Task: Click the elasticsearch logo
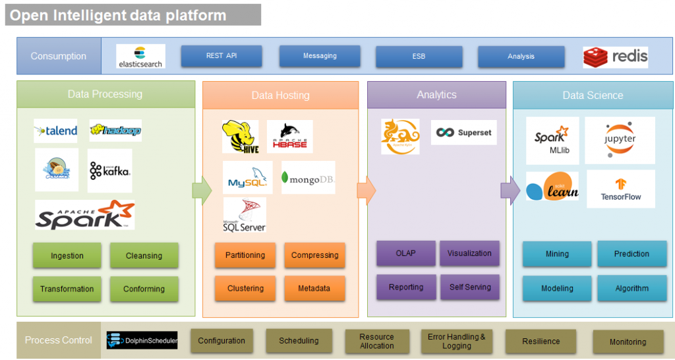(140, 56)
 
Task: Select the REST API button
(221, 56)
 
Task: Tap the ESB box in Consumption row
(418, 56)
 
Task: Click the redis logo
(615, 57)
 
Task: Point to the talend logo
(56, 131)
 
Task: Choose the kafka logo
(109, 170)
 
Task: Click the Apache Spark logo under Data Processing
(84, 215)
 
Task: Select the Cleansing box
(144, 256)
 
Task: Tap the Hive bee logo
(241, 136)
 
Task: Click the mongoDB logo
(308, 177)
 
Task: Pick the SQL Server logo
(245, 215)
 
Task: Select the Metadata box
(314, 288)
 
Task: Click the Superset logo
(463, 133)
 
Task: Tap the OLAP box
(405, 253)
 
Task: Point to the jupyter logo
(620, 140)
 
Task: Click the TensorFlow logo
(620, 189)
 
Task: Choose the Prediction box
(631, 254)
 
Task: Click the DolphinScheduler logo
(142, 340)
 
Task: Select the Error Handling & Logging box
(456, 342)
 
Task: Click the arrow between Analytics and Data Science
(510, 191)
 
